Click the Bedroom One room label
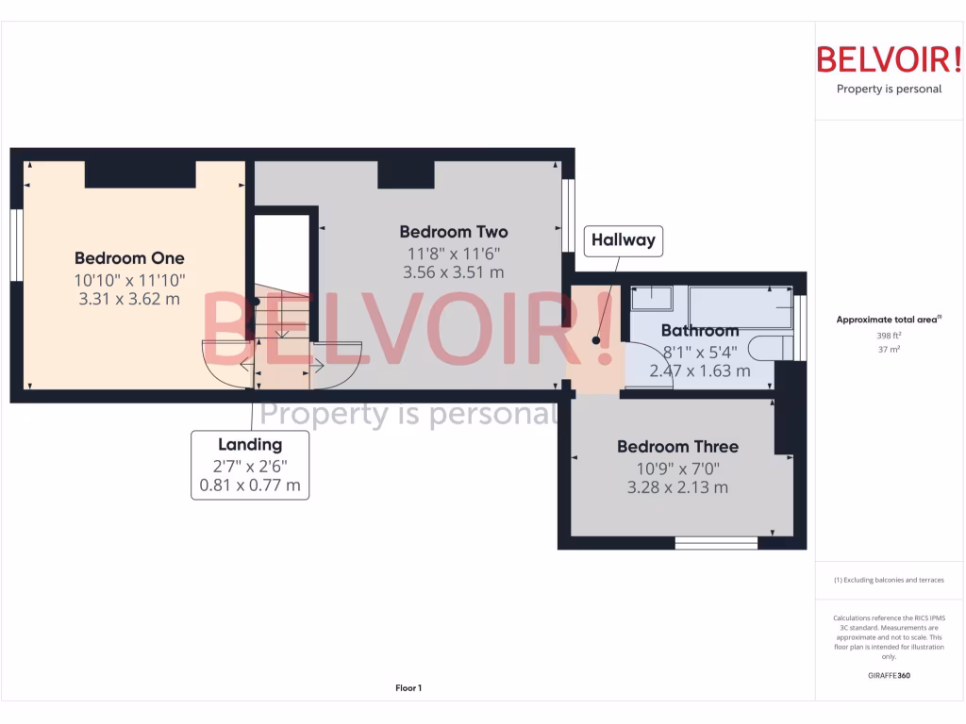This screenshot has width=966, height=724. pos(129,258)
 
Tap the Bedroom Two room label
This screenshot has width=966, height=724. pos(453,232)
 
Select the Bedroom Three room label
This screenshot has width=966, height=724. pos(677,447)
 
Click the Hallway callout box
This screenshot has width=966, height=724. pos(623,240)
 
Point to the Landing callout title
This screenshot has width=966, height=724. pos(250,445)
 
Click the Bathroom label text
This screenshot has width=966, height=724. pos(699,331)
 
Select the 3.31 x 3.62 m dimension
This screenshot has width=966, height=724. pos(129,300)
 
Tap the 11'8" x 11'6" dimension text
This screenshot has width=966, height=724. pos(453,253)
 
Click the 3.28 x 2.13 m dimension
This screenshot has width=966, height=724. pos(677,487)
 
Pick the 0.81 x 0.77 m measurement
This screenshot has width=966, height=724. pos(250,485)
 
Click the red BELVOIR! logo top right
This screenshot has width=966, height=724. pos(889,59)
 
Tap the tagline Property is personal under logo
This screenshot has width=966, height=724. pos(889,90)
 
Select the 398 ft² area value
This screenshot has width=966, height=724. pos(889,335)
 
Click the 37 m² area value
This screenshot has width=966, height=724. pos(889,349)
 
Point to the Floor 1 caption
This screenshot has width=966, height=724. pos(408,688)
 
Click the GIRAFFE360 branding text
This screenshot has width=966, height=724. pos(889,676)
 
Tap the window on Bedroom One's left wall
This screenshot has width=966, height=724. pos(16,245)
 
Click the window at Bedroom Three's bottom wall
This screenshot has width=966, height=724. pos(716,542)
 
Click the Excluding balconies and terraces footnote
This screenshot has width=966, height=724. pos(889,580)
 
